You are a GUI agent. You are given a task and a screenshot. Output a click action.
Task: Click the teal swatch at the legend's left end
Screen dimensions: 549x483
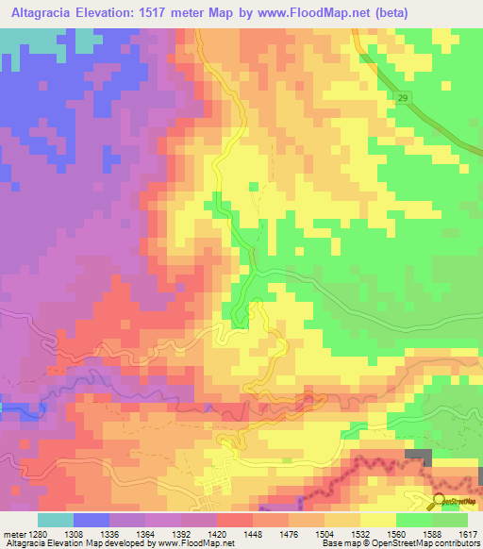pos(56,520)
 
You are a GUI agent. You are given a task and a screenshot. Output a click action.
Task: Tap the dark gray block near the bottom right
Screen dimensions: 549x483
pos(418,457)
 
